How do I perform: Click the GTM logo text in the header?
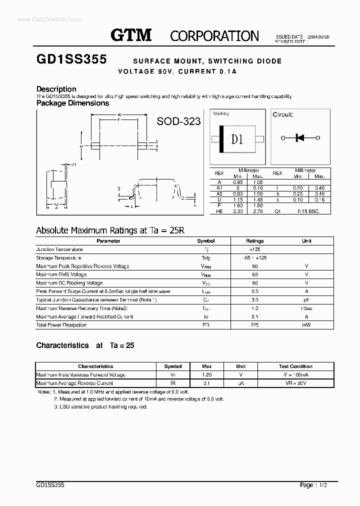[x=131, y=35]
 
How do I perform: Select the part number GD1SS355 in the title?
[x=71, y=59]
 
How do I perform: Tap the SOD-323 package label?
[x=178, y=121]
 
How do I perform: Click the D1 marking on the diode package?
[x=237, y=139]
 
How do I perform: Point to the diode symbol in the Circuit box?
[x=299, y=138]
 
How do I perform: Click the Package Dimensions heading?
[x=72, y=103]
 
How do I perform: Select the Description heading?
[x=56, y=89]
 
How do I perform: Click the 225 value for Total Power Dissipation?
[x=255, y=325]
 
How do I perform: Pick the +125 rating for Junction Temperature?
[x=255, y=249]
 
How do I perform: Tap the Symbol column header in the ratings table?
[x=206, y=241]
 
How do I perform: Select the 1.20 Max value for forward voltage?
[x=206, y=374]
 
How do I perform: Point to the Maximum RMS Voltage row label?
[x=61, y=274]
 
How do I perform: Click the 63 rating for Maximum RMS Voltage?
[x=255, y=274]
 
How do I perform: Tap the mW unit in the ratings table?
[x=306, y=325]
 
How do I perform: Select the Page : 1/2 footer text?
[x=314, y=484]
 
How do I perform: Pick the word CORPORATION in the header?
[x=214, y=36]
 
